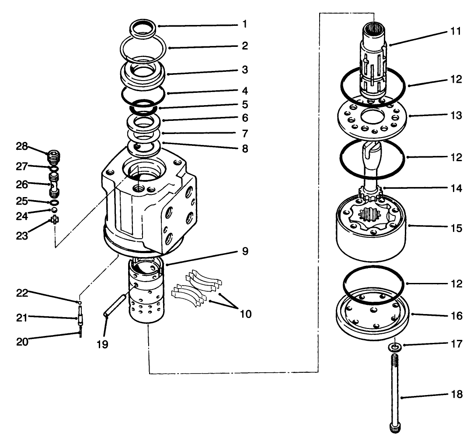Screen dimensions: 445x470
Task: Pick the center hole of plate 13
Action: point(372,117)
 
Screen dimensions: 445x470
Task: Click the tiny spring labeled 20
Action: point(80,334)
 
